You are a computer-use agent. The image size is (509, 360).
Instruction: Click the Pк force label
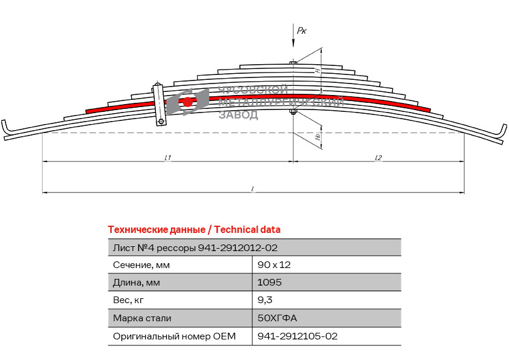pyautogui.click(x=302, y=30)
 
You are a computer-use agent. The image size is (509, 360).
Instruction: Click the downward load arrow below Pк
pyautogui.click(x=293, y=36)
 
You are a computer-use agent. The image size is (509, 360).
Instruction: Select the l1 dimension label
pyautogui.click(x=167, y=157)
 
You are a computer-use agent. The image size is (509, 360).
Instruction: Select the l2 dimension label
pyautogui.click(x=378, y=157)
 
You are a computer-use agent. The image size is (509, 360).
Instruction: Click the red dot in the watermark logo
pyautogui.click(x=187, y=102)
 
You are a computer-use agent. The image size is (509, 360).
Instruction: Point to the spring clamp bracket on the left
pyautogui.click(x=159, y=104)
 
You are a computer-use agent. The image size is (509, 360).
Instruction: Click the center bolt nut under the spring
pyautogui.click(x=293, y=112)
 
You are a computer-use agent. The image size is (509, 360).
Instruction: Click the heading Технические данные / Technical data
pyautogui.click(x=194, y=230)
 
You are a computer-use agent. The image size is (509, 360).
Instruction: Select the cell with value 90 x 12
pyautogui.click(x=274, y=265)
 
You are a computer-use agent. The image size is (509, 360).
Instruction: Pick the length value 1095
pyautogui.click(x=270, y=282)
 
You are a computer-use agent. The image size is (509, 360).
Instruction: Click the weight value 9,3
pyautogui.click(x=265, y=300)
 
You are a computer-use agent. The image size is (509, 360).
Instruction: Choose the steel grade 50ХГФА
pyautogui.click(x=277, y=318)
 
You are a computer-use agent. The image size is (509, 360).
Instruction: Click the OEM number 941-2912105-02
pyautogui.click(x=297, y=336)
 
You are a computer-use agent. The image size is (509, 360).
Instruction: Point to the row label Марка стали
pyautogui.click(x=142, y=318)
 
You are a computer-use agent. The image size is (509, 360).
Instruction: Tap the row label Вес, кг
pyautogui.click(x=128, y=300)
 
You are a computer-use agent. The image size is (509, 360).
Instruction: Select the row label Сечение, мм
pyautogui.click(x=141, y=265)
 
